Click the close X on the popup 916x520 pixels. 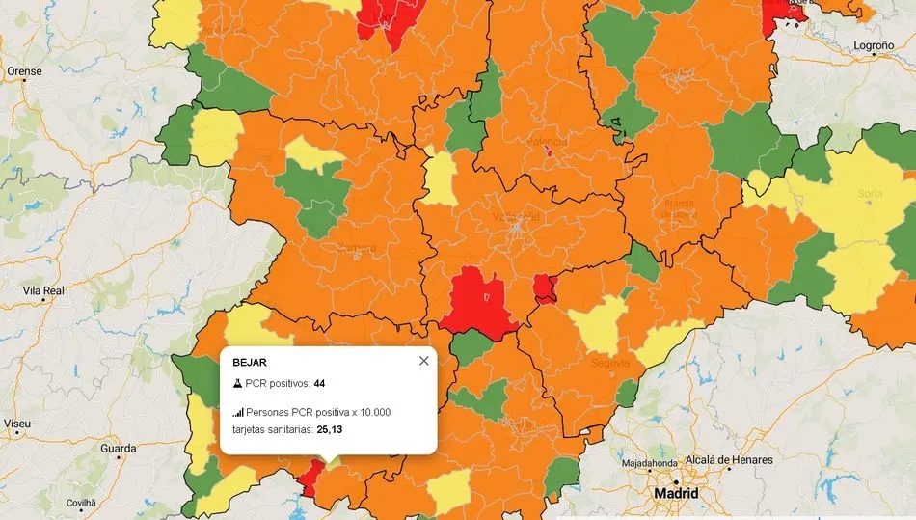click(x=423, y=361)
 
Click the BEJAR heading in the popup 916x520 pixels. click(x=249, y=362)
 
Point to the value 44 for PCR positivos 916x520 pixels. click(x=319, y=383)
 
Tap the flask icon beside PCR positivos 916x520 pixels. click(x=237, y=383)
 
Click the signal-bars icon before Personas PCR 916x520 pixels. click(x=237, y=412)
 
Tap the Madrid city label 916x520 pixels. click(x=676, y=493)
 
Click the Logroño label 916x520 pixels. click(x=874, y=45)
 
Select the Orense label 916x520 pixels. click(x=24, y=71)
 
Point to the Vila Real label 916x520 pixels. click(x=43, y=290)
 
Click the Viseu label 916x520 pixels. click(x=16, y=424)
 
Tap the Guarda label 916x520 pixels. click(x=119, y=449)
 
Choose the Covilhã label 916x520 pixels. click(x=81, y=503)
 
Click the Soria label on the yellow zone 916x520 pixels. click(x=870, y=194)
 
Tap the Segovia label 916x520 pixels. click(x=610, y=364)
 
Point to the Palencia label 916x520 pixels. click(x=546, y=142)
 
